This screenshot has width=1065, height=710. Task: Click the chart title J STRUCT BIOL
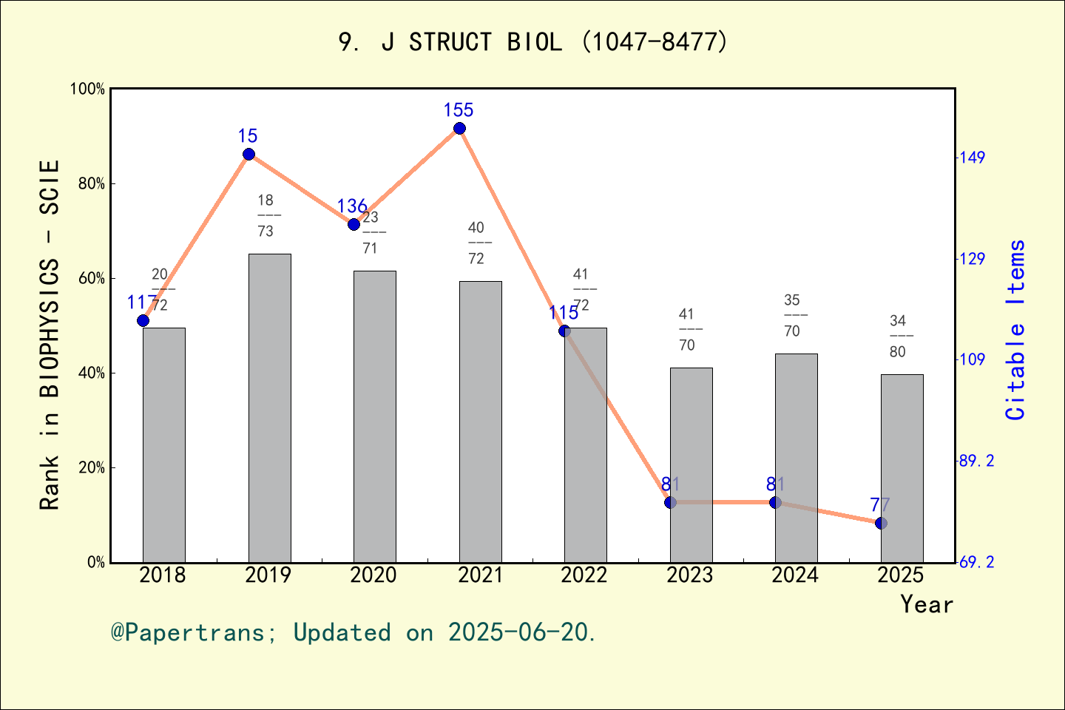pos(532,42)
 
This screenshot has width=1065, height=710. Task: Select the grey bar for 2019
pos(269,408)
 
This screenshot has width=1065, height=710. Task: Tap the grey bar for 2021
pos(480,422)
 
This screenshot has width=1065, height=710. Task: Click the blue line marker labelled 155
pos(459,129)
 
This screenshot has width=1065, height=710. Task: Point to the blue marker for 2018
pos(143,320)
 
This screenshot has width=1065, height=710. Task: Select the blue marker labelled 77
pos(881,523)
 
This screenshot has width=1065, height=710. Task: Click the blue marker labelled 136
pos(354,224)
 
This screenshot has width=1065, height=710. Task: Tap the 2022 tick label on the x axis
pos(584,575)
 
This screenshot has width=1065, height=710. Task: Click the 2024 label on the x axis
pos(795,575)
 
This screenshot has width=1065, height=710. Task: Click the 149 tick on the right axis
pos(972,158)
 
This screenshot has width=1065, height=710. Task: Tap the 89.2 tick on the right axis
pos(976,461)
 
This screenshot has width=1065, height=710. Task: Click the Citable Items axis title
pos(1016,330)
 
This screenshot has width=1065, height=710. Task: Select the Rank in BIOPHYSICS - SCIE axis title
pos(50,334)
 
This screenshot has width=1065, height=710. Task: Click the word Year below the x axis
pos(926,605)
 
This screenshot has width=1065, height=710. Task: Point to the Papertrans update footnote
pos(354,633)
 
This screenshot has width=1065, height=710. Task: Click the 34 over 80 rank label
pos(898,337)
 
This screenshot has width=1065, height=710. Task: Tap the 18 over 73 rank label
pos(266,216)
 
